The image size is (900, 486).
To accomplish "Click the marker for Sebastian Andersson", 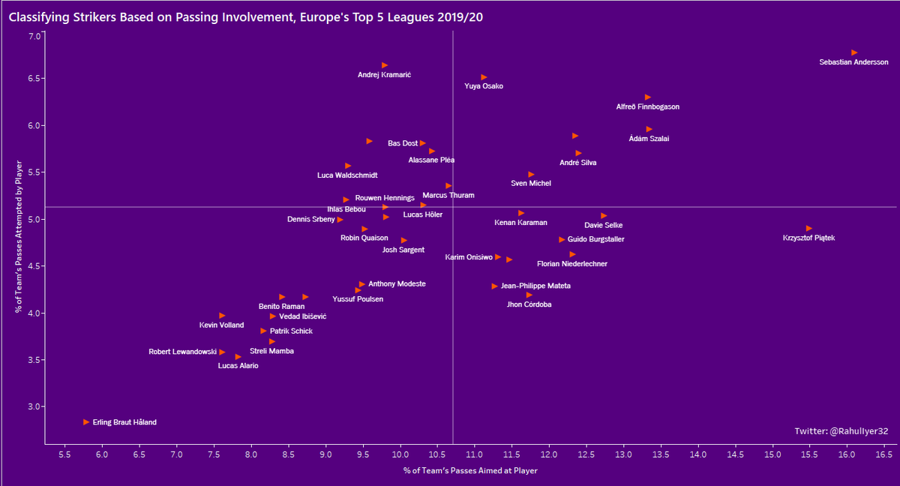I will coord(854,52).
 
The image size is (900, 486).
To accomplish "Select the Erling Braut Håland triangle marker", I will coord(86,422).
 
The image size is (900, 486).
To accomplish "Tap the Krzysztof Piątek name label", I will coord(808,238).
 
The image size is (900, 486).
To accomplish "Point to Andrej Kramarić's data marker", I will coord(385,65).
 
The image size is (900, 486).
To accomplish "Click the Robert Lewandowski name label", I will coord(182,352).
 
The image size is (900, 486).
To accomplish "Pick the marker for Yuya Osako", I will coord(484,77).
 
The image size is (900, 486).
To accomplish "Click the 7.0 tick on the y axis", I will coord(34,37).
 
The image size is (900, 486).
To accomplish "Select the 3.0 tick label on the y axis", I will coord(34,407).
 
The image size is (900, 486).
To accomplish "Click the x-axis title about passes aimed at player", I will coord(470,471).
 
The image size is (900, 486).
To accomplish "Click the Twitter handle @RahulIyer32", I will coord(841,431).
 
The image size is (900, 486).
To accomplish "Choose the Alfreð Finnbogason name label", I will coord(648,107).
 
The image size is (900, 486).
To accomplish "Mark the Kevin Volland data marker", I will coord(222,316).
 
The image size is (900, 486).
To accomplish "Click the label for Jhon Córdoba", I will coord(529,305).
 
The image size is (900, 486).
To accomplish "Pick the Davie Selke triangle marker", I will coord(604,216).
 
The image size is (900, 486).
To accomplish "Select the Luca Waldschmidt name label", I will coord(347,175).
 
